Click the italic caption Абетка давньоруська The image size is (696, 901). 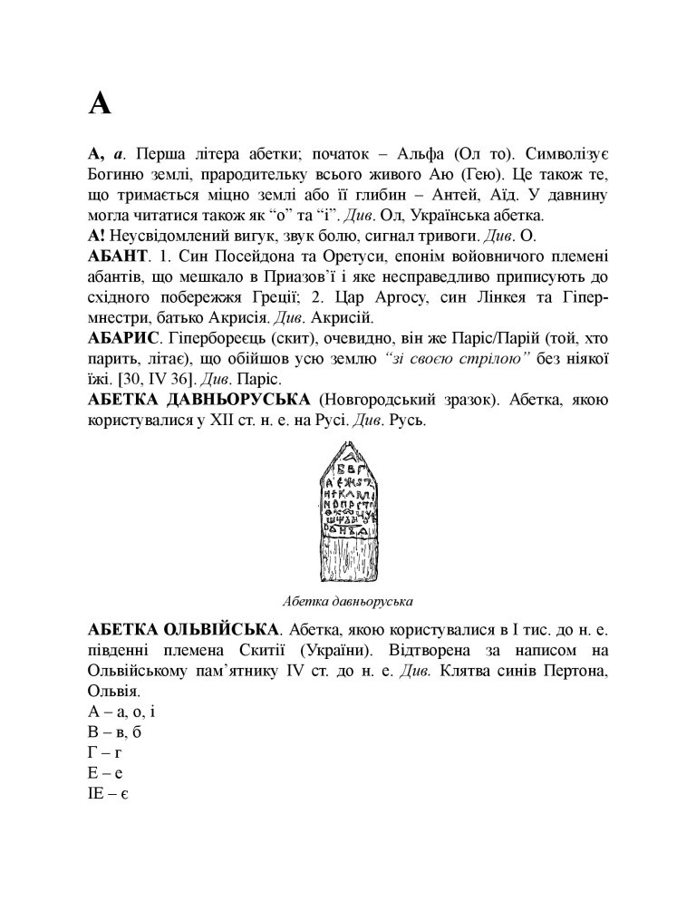(x=348, y=600)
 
